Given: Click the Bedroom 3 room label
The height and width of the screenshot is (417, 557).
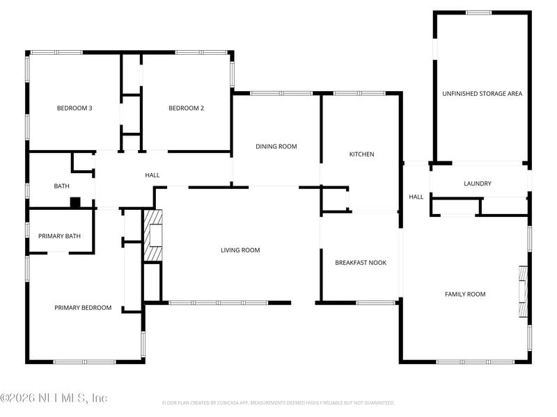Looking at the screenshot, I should point(74,108).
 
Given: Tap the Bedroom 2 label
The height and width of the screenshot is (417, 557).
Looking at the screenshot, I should point(187,108).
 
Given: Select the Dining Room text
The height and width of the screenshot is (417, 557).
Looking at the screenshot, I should point(276,147).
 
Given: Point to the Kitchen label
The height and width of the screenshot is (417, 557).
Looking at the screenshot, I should point(361,154).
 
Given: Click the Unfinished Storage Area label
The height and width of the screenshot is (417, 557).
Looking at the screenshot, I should point(482,93).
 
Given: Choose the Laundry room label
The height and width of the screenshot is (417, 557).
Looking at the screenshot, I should point(478,183).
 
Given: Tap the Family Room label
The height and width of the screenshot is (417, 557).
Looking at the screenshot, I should point(465,294).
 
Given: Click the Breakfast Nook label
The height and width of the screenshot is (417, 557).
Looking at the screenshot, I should point(361,262).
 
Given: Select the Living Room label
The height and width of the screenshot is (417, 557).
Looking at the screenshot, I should point(240,250).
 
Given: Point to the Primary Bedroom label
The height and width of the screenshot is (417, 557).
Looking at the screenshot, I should point(83,307).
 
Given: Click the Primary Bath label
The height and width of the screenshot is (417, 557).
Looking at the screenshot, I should point(59,236).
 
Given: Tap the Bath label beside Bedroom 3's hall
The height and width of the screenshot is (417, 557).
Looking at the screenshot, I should point(62,186).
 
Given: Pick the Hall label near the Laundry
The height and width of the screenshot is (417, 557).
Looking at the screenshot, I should point(416,197).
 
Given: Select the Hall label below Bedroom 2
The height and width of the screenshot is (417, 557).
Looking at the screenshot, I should point(152,175).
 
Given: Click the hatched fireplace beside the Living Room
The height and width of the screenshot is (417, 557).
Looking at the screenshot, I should point(152,236).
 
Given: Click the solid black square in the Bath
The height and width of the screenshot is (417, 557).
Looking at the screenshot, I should point(75,202).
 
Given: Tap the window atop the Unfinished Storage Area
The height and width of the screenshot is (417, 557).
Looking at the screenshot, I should point(478,13).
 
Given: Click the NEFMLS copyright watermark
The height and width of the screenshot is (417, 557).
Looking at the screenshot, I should point(54,398).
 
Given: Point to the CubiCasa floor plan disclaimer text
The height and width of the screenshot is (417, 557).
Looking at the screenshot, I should point(278,402).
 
